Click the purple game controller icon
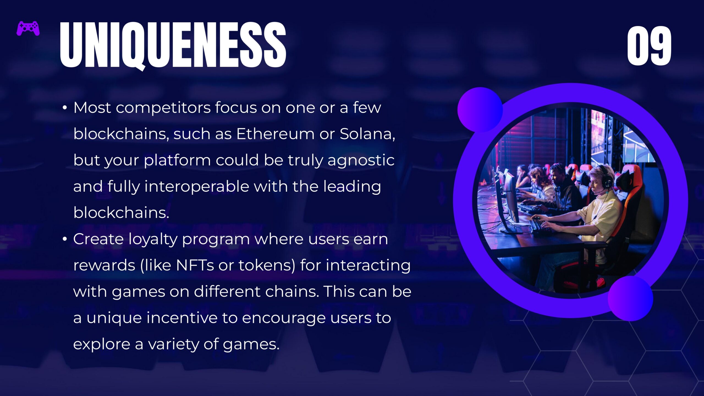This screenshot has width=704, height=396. point(28,28)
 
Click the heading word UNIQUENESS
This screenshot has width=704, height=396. point(173,45)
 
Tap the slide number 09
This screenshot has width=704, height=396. point(649,46)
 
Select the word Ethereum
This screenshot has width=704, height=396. point(275,134)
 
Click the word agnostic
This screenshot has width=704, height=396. point(361,161)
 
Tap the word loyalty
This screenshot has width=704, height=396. point(153,239)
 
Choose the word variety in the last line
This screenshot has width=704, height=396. point(174,344)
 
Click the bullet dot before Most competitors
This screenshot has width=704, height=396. point(65,108)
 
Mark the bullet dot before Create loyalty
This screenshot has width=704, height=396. point(65,239)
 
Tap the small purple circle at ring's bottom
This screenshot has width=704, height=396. point(630,298)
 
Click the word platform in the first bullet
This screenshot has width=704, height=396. point(177,161)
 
